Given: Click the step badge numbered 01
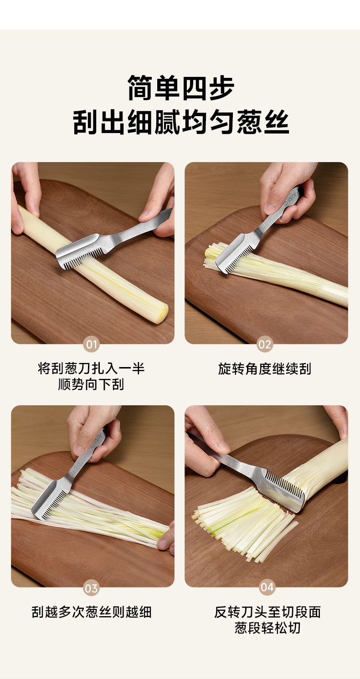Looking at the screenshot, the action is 91,345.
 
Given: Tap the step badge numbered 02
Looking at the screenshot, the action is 265,345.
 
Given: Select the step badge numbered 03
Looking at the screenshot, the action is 91,588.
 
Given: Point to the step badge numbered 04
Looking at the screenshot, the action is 267,587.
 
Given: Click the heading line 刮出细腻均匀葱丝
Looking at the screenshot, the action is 181,122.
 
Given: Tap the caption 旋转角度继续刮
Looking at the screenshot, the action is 265,369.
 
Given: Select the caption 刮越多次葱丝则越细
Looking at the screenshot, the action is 91,612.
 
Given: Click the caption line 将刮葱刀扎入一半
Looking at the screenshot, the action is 91,368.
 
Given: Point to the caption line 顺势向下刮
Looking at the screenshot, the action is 91,384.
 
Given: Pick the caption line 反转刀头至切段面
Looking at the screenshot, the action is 267,612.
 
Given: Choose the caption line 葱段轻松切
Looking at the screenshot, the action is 267,628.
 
